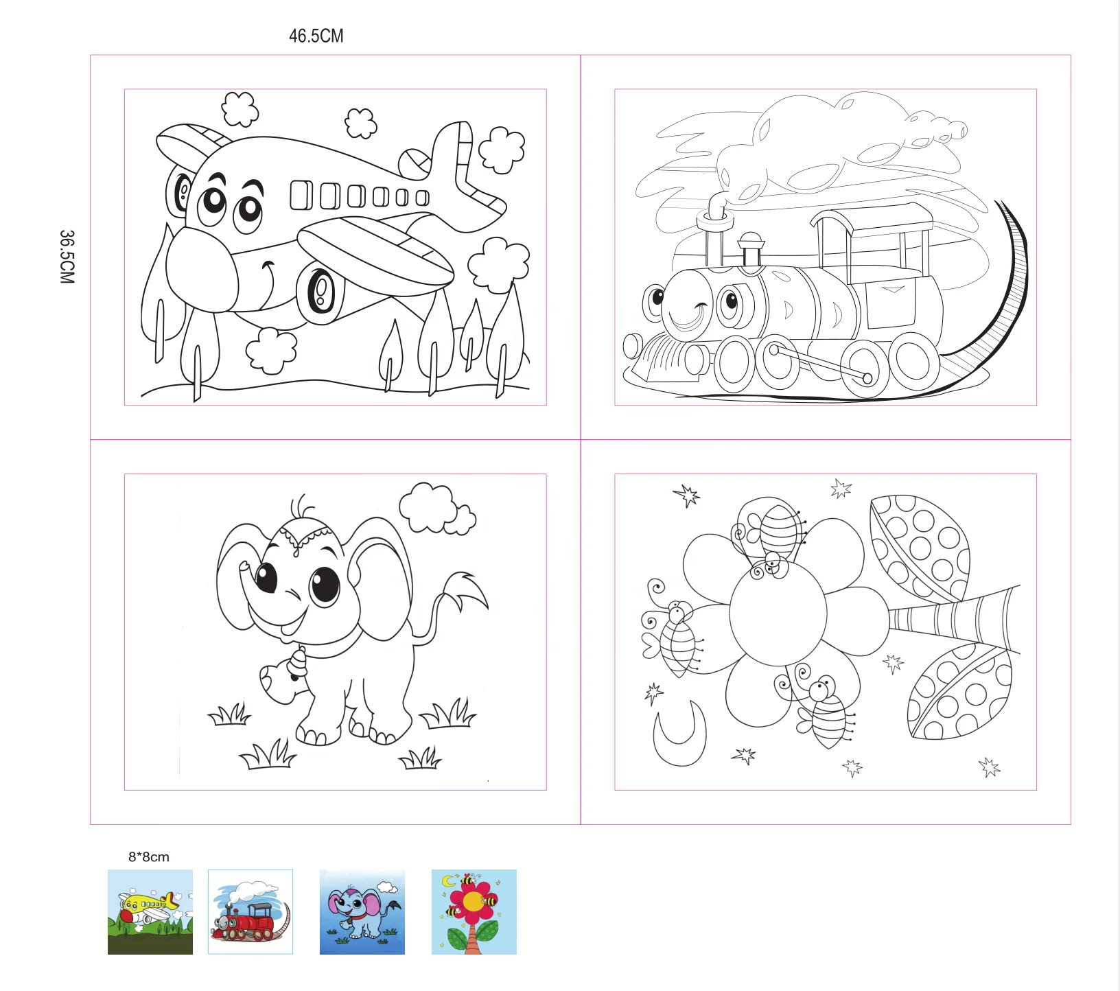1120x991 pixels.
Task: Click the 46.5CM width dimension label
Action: point(316,36)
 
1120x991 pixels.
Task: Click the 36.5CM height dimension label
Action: point(67,257)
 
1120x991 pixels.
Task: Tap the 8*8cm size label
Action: point(148,856)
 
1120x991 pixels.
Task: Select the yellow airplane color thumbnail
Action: point(150,911)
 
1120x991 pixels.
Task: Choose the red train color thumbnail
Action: point(250,911)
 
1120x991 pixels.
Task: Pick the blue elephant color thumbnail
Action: point(362,911)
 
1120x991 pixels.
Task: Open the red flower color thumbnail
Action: point(474,911)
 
